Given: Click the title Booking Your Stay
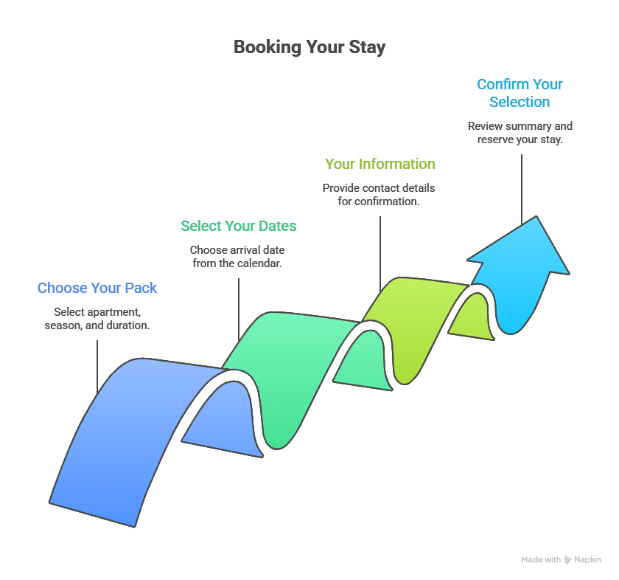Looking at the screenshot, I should (x=309, y=47).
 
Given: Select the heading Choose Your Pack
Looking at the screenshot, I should (x=97, y=288).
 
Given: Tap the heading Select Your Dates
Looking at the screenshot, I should (x=239, y=226).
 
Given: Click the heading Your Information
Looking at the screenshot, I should (x=380, y=164).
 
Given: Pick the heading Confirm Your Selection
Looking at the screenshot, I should (x=520, y=93).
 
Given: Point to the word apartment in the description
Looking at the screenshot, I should (x=114, y=312).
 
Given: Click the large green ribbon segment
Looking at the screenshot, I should (x=287, y=369).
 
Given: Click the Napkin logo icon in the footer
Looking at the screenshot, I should (x=568, y=560).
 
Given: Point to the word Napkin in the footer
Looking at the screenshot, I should (x=588, y=560).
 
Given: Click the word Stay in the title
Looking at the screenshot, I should (x=368, y=47).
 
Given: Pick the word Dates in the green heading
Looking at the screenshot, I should (x=277, y=226).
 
